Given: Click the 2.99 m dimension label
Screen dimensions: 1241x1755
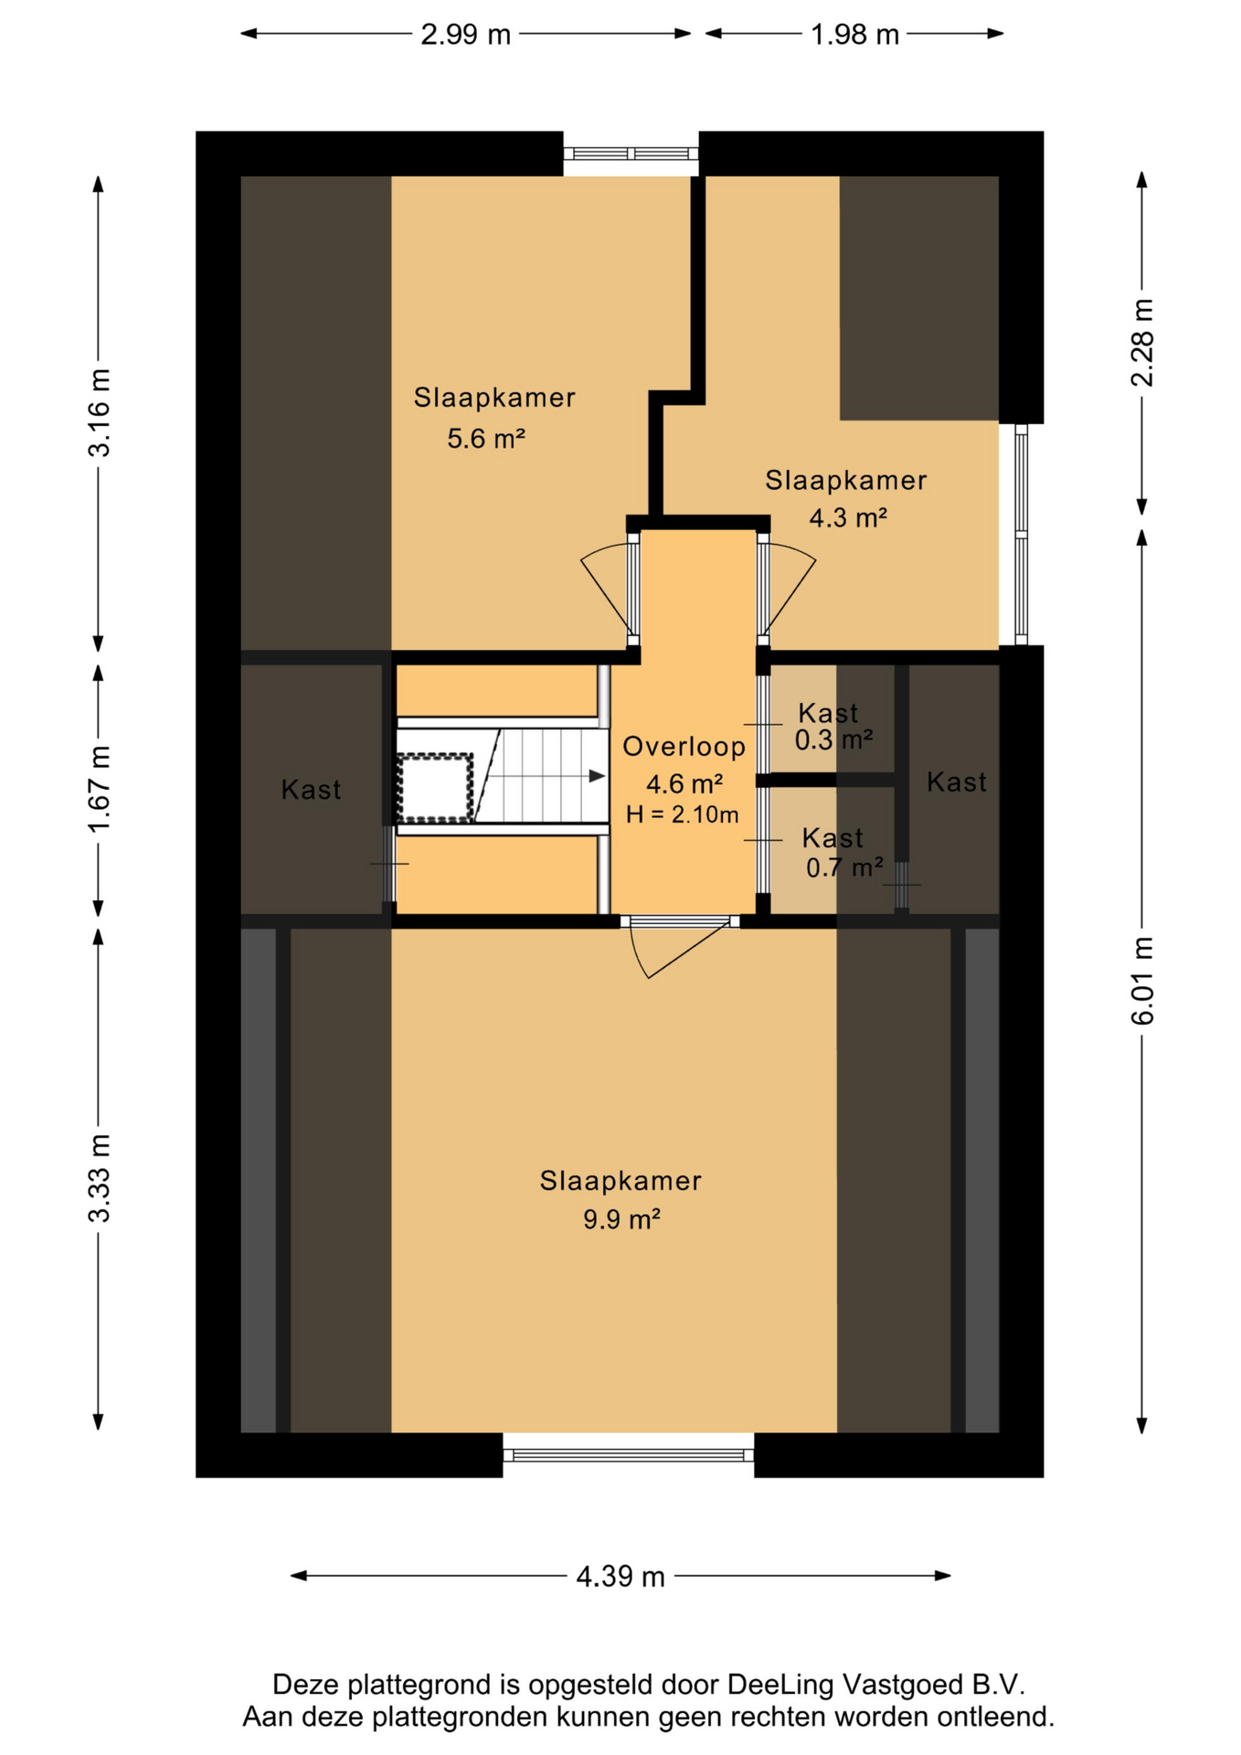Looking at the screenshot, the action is (x=465, y=35).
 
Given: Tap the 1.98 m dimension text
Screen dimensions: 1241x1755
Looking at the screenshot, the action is (x=855, y=35).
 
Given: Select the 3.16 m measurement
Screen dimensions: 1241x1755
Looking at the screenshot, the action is (x=99, y=412).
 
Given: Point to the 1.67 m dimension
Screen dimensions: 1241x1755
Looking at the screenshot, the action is (x=99, y=788).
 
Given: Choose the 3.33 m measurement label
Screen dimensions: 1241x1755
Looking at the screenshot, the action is (x=99, y=1178).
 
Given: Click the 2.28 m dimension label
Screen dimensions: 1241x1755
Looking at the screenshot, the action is (x=1143, y=343).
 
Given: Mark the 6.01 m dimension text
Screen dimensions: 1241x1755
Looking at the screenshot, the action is (x=1143, y=981).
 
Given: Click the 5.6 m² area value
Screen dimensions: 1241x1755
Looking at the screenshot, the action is (x=486, y=439).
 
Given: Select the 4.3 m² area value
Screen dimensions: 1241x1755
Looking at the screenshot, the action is (x=848, y=518).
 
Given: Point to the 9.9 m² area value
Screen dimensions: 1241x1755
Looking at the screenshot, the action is (x=621, y=1219).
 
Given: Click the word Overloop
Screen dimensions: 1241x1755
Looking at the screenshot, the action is (x=684, y=747).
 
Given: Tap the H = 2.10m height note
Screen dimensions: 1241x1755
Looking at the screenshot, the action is (x=682, y=814).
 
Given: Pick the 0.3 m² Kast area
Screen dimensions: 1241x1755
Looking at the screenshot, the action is (x=833, y=739).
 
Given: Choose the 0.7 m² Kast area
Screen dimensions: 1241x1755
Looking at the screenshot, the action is (x=844, y=867).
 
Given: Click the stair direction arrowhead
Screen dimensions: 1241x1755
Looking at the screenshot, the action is (x=597, y=776).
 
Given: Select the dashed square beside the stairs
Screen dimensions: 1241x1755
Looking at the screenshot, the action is (x=435, y=787).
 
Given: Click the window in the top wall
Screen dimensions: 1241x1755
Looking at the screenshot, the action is (x=631, y=154).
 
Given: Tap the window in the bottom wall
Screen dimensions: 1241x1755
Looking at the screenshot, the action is (x=629, y=1455).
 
